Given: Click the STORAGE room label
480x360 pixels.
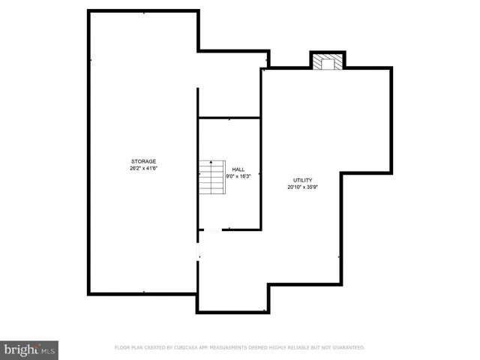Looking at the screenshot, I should click(x=144, y=161).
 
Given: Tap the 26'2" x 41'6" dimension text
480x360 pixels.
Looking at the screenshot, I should click(x=144, y=168).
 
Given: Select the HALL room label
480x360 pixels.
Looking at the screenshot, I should click(x=238, y=169).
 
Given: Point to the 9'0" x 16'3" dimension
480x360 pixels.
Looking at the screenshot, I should click(x=238, y=176).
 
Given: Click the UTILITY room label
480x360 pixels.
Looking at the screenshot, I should click(x=302, y=180).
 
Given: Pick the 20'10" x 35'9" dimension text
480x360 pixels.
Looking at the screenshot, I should click(x=302, y=187).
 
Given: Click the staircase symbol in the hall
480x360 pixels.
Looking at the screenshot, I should click(x=212, y=177).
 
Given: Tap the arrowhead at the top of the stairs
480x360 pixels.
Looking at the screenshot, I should click(x=212, y=161).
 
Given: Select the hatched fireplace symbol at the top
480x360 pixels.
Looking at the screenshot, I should click(x=328, y=61).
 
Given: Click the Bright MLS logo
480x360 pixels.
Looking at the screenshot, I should click(x=29, y=349).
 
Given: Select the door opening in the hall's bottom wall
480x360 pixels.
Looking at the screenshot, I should click(x=212, y=229).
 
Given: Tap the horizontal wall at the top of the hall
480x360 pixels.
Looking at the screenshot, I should click(x=229, y=118).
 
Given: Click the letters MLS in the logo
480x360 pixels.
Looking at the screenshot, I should click(x=48, y=350).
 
